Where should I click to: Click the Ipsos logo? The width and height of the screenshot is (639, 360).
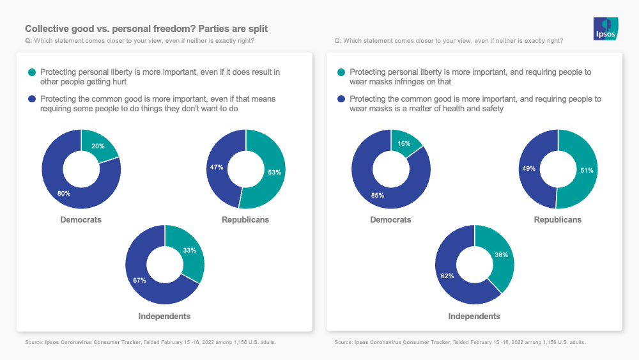(x=605, y=29)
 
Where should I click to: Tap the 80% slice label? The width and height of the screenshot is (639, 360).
(x=63, y=193)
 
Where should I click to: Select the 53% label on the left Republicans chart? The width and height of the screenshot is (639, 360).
(x=275, y=172)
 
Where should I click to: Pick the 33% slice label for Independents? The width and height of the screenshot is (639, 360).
(x=190, y=251)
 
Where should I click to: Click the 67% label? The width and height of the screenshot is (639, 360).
(x=140, y=280)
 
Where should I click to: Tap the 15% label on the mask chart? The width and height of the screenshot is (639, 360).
(x=404, y=143)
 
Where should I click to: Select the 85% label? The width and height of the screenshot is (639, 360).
(x=377, y=196)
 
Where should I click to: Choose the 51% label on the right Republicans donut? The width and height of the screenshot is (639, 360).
(x=587, y=170)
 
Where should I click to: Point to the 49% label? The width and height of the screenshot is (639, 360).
(x=528, y=168)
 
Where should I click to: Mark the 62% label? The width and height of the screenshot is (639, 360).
(x=447, y=276)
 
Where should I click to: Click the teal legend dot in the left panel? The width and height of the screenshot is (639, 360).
(x=32, y=72)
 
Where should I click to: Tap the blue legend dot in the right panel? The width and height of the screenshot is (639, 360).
(x=342, y=99)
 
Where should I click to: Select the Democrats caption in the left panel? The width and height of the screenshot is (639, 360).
(x=81, y=220)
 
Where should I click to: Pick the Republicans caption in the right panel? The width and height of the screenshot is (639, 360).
(x=558, y=220)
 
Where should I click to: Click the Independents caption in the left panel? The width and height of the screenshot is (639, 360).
(x=164, y=317)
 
